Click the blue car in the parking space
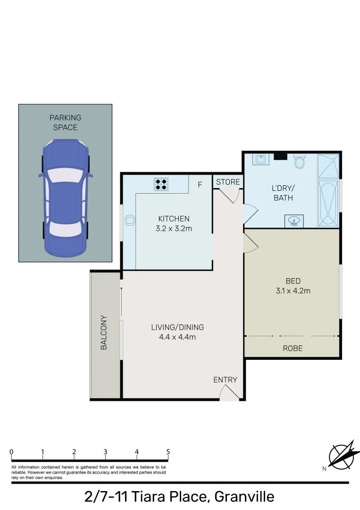click(x=65, y=197)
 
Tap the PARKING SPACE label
click(x=65, y=122)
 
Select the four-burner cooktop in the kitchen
click(x=161, y=184)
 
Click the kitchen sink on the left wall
click(x=130, y=220)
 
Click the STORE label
click(x=228, y=182)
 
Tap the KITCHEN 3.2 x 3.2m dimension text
click(x=174, y=224)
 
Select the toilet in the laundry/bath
click(x=300, y=163)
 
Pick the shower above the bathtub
click(x=328, y=166)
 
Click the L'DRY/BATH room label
click(x=283, y=193)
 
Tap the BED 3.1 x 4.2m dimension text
click(x=293, y=286)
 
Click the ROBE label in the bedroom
click(x=293, y=348)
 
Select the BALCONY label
click(x=104, y=332)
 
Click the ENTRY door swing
click(x=229, y=393)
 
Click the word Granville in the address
click(x=244, y=497)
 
